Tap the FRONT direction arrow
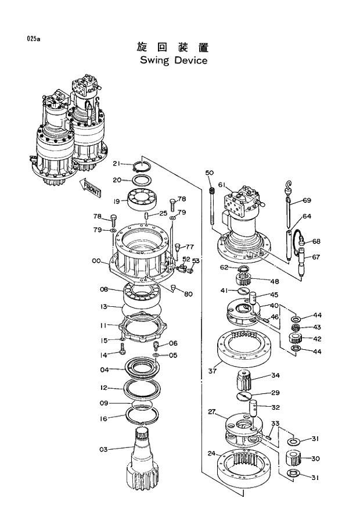click(91, 187)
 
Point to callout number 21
click(117, 163)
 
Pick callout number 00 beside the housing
click(96, 261)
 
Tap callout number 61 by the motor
click(222, 185)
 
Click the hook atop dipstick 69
click(289, 185)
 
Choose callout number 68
click(316, 241)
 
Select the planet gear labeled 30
click(296, 458)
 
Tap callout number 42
click(316, 338)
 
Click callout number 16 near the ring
click(103, 418)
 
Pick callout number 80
click(188, 294)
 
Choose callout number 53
click(196, 261)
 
